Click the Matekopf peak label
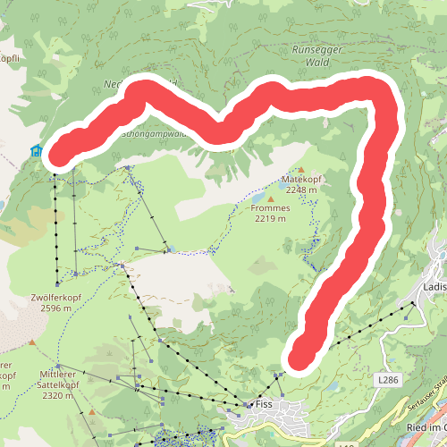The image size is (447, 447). point(301,180)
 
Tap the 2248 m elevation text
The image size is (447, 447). point(301,190)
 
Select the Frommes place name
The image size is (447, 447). point(270,207)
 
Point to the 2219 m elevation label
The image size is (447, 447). point(270,218)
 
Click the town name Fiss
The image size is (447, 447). point(264,404)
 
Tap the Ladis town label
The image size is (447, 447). point(434,287)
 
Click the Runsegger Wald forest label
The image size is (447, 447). point(316,56)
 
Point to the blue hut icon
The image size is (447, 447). point(37,151)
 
